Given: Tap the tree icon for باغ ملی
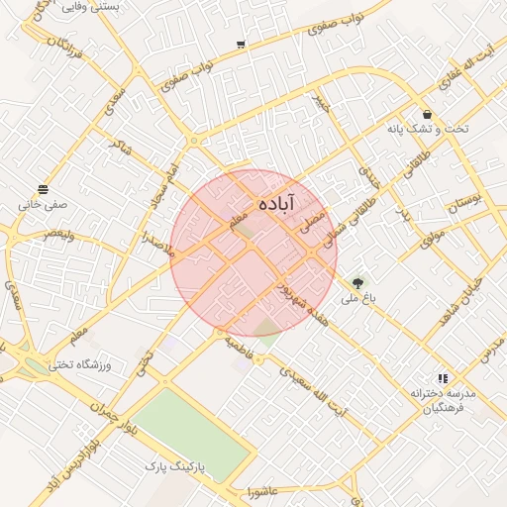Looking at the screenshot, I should coord(358,282).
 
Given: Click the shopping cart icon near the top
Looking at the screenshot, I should coord(241,45).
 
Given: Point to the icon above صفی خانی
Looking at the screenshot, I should coord(43,189).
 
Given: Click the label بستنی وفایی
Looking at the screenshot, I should coord(90,6).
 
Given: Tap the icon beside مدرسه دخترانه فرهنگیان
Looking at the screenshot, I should coord(443,378).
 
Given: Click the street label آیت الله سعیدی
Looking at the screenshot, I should coord(314,390).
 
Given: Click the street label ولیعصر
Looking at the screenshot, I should coord(58,234).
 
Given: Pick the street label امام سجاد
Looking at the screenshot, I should coord(164,186).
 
